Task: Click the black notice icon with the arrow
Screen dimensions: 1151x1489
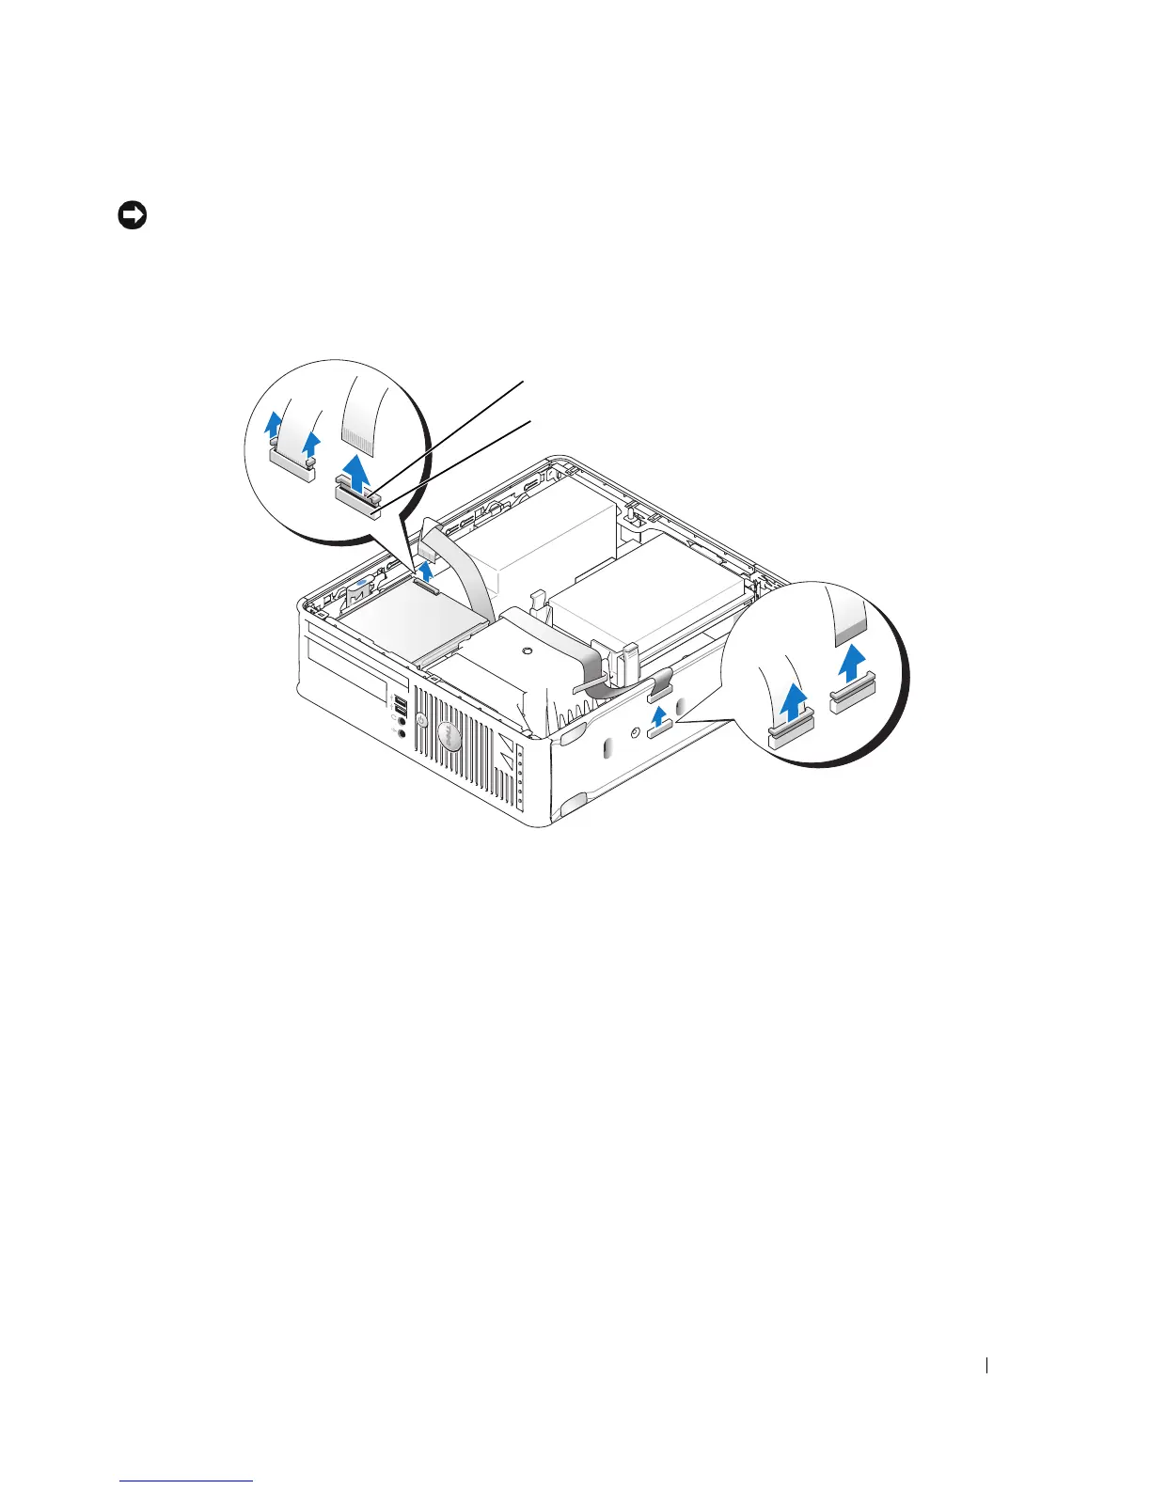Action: click(132, 216)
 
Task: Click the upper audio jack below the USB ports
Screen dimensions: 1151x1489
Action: click(402, 723)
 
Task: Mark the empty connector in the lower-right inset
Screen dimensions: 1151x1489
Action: click(851, 697)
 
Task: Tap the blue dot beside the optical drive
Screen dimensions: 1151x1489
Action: click(363, 584)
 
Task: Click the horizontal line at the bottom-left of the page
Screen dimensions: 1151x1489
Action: click(188, 1481)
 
